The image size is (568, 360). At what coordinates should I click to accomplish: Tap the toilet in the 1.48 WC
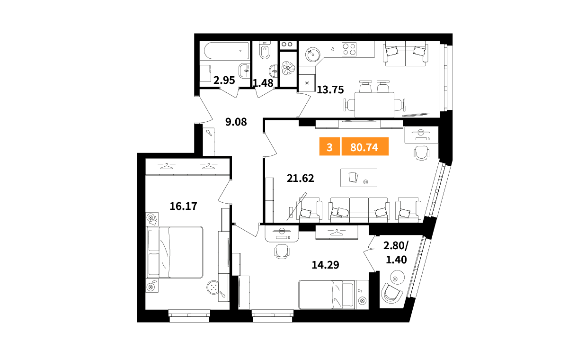pos(265,50)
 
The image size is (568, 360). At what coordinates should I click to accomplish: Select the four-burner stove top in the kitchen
pos(349,49)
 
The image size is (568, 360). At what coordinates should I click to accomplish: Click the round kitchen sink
pos(312,54)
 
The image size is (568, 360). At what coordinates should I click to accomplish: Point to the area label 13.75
pos(330,90)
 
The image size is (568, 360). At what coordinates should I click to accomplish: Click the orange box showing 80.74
pos(365,146)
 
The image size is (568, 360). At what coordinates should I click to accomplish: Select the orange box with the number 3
pos(329,146)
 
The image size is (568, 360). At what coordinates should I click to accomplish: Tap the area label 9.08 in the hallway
pos(236,122)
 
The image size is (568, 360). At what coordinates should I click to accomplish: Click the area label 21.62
pos(300,179)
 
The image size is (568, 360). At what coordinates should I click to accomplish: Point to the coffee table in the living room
pos(359,178)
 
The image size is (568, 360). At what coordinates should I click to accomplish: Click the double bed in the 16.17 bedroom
pos(175,252)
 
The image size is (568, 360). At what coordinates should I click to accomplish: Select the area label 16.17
pos(183,206)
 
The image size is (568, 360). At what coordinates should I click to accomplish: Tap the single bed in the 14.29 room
pos(333,295)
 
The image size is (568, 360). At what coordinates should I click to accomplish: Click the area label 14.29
pos(325,265)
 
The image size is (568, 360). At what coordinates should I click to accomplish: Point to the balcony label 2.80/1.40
pos(396,252)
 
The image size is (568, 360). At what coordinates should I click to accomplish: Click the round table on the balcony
pos(397,277)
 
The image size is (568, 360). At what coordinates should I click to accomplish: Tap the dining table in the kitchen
pos(374,105)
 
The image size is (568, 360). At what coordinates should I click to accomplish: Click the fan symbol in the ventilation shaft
pos(288,68)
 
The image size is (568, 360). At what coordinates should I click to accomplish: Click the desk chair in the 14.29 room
pos(282,252)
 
